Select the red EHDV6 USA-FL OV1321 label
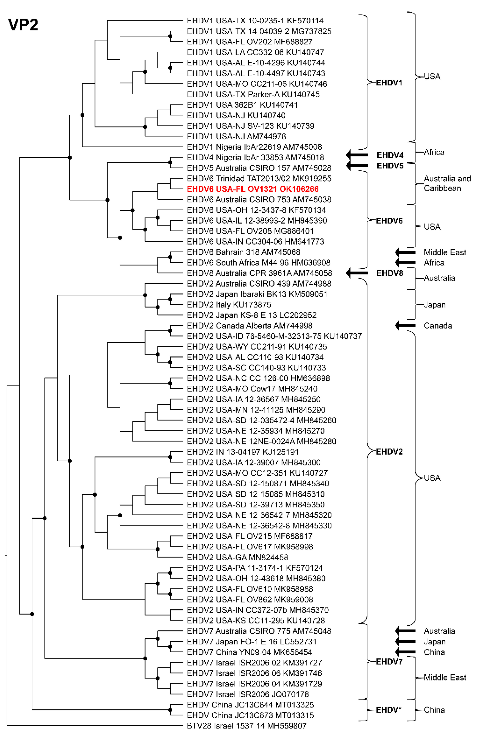tap(253, 189)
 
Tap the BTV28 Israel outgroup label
tap(247, 725)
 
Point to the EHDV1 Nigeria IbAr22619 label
tap(254, 147)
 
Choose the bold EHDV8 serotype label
tap(389, 273)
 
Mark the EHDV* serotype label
tap(388, 710)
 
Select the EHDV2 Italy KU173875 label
tap(229, 305)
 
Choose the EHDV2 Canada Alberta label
tap(249, 326)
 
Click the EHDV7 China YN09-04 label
tap(249, 652)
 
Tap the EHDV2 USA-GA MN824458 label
tap(237, 557)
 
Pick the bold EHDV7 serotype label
tap(389, 662)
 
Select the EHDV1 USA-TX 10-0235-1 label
tap(255, 21)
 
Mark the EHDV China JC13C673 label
tap(250, 715)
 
